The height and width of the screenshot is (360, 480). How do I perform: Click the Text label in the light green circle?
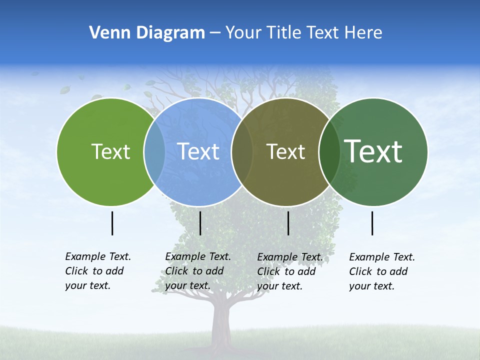(110, 151)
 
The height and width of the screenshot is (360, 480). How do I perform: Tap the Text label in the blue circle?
(198, 151)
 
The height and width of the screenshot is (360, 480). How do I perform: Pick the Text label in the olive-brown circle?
(285, 151)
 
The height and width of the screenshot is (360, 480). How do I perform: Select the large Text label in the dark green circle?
(373, 151)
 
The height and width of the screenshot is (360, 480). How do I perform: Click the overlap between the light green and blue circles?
(154, 151)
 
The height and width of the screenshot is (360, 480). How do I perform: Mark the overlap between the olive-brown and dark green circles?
(329, 151)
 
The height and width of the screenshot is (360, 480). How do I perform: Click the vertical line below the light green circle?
(112, 223)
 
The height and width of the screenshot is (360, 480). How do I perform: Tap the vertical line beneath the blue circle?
(200, 223)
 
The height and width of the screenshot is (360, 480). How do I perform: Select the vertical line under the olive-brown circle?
(288, 223)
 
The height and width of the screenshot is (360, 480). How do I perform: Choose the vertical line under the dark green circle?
(372, 223)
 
